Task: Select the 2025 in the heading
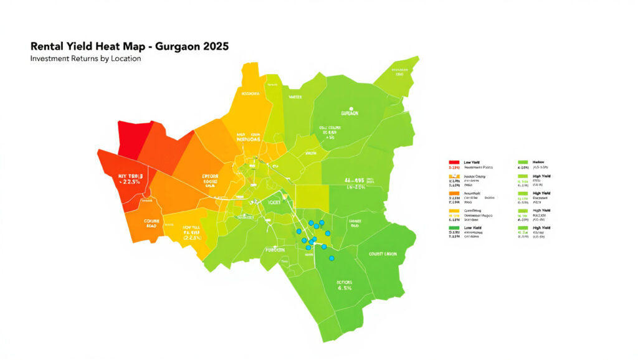click(x=213, y=47)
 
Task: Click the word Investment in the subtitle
click(x=51, y=59)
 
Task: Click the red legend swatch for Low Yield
click(x=454, y=161)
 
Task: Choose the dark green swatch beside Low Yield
click(x=454, y=229)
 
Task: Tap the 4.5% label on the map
click(x=345, y=288)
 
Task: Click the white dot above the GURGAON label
click(x=351, y=108)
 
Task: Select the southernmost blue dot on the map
click(x=331, y=258)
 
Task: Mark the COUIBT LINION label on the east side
click(x=382, y=253)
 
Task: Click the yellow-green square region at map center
click(x=311, y=196)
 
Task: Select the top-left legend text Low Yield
click(x=474, y=161)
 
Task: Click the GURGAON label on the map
click(x=351, y=114)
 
